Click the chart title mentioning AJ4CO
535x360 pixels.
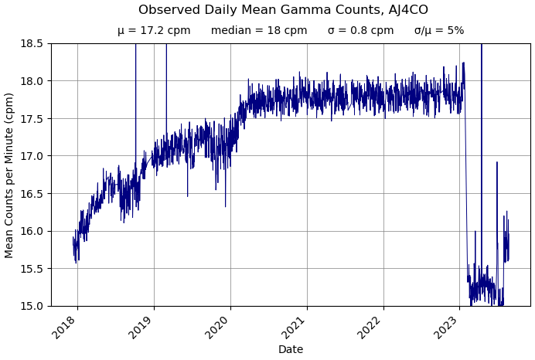(x=283, y=10)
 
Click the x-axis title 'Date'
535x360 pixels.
(x=291, y=350)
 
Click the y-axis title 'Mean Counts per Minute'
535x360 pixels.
(x=10, y=175)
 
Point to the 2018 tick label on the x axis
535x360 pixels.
(x=65, y=327)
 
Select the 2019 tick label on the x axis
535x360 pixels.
(x=141, y=327)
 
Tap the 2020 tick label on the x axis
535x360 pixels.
(x=218, y=327)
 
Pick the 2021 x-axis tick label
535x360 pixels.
(x=295, y=327)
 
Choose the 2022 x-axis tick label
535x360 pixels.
(x=371, y=327)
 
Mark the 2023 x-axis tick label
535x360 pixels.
(x=448, y=327)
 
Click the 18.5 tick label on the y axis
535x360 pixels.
(x=32, y=43)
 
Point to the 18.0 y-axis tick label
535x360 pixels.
(x=32, y=81)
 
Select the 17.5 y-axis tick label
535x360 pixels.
(x=32, y=118)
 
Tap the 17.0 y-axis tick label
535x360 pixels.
(x=32, y=156)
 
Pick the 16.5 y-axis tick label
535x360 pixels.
(x=32, y=193)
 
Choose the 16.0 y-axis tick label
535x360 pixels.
(x=32, y=231)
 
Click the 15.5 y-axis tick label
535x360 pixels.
(x=32, y=269)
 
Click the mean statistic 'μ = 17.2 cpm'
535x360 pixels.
(x=154, y=31)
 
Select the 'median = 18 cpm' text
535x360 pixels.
(x=259, y=31)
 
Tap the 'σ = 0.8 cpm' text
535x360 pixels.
(x=360, y=31)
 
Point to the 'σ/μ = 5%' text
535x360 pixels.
(x=439, y=31)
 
